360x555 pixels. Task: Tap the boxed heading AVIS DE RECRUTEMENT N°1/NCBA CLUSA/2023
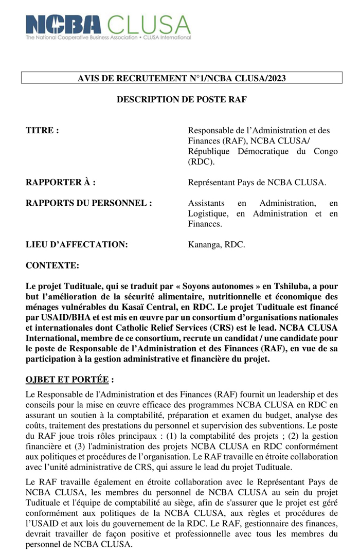point(182,78)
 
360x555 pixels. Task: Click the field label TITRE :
point(42,131)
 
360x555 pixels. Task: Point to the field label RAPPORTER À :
point(61,183)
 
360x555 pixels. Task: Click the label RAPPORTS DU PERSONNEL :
point(89,203)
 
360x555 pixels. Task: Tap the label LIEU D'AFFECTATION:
point(77,245)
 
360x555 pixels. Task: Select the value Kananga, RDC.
point(217,245)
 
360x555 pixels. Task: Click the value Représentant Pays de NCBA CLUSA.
point(257,183)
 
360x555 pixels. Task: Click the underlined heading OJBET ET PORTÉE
point(67,380)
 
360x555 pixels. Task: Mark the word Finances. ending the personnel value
point(205,224)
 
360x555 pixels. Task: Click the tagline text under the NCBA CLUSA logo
point(108,38)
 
